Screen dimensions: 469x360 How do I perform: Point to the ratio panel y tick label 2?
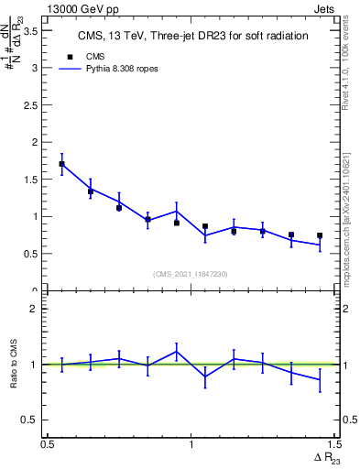coord(36,309)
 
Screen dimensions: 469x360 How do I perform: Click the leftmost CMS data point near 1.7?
coord(61,164)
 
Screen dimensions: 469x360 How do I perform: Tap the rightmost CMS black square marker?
coord(320,235)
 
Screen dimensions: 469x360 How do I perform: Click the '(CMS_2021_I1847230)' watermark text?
coord(191,273)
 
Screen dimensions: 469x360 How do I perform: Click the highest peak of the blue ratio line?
coord(176,351)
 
